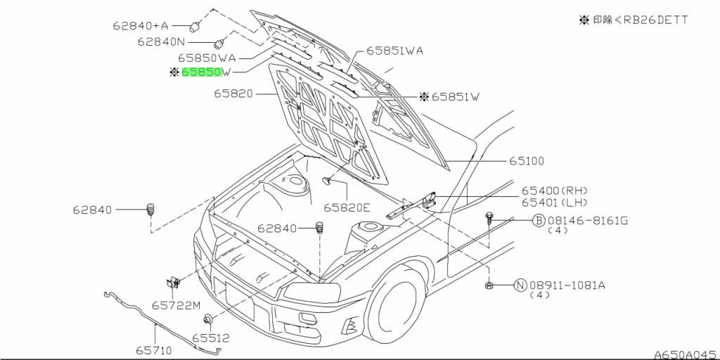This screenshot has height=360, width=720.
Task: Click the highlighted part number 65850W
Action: [x=207, y=72]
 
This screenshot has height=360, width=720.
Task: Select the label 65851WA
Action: [x=394, y=51]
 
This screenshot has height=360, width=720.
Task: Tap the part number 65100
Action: [x=526, y=161]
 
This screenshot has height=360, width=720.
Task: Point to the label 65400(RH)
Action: [x=554, y=191]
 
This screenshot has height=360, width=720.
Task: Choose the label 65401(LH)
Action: [x=554, y=202]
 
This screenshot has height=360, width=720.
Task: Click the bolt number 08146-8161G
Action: [x=587, y=221]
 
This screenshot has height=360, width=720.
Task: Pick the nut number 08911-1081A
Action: [x=567, y=285]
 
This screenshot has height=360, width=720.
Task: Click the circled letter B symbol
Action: [x=539, y=221]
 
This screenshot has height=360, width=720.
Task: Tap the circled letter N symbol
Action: [x=520, y=285]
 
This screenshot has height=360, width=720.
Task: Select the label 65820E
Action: [x=347, y=208]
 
